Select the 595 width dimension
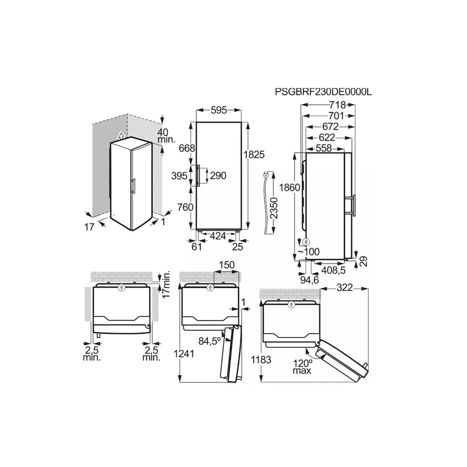(219, 110)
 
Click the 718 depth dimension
(337, 105)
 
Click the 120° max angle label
(302, 367)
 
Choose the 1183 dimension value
(262, 360)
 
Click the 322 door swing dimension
(344, 288)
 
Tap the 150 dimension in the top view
(226, 265)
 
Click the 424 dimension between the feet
(218, 235)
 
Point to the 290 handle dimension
(218, 176)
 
